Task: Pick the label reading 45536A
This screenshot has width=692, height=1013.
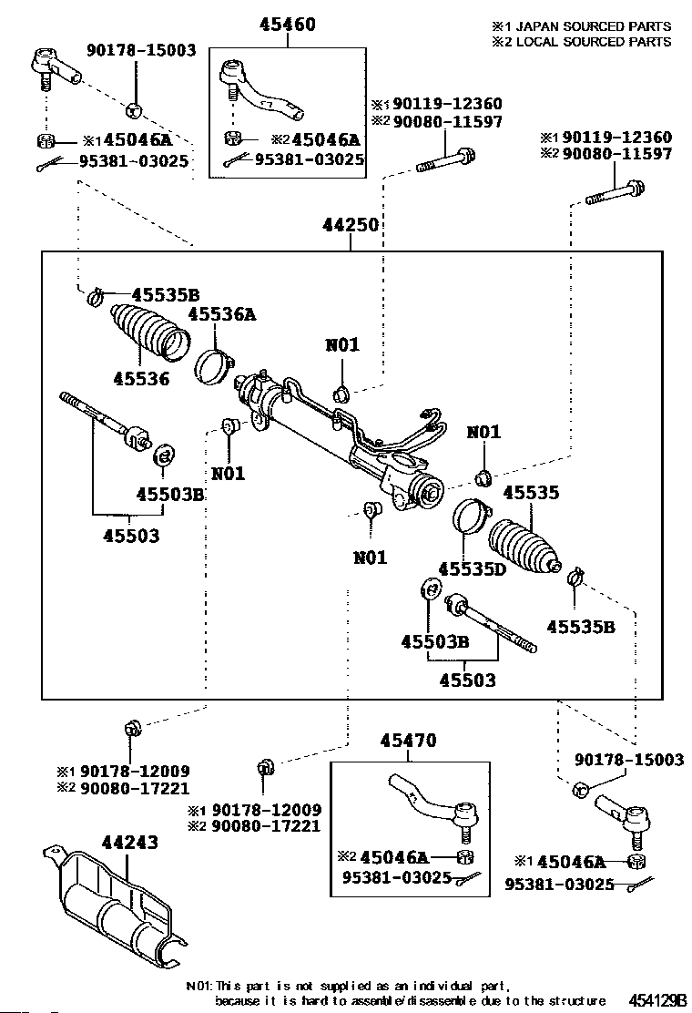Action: point(222,315)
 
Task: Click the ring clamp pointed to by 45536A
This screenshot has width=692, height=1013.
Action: point(212,365)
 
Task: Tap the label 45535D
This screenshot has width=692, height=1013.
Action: point(471,569)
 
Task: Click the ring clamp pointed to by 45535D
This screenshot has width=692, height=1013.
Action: point(470,517)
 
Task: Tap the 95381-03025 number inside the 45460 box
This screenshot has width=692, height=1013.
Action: point(309,159)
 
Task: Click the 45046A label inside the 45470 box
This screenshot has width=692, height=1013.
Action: point(393,856)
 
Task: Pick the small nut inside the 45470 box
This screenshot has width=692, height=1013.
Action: point(464,856)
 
